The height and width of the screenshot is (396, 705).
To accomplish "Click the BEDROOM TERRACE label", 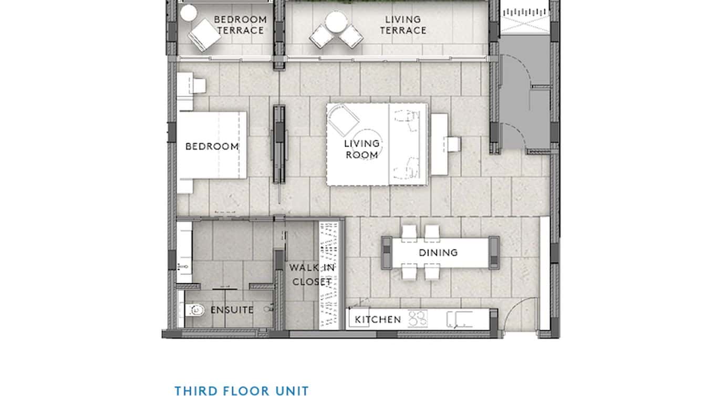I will [x=240, y=25].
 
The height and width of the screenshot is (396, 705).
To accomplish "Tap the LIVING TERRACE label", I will [x=403, y=25].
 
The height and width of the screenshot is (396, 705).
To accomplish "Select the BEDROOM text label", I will [x=212, y=147].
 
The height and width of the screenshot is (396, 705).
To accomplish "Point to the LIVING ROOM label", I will [x=362, y=149].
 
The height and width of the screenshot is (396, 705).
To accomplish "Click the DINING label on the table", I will [x=438, y=253].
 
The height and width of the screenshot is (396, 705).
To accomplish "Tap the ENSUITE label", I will [x=232, y=310].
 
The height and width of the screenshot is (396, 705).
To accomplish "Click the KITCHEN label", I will [x=378, y=319].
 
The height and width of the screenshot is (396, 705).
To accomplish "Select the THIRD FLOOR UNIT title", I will [x=242, y=390].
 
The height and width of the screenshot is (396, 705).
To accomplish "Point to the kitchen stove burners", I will [x=418, y=318].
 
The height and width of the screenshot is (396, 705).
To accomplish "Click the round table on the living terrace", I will [x=335, y=22].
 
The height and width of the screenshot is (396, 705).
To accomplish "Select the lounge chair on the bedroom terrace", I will [x=205, y=35].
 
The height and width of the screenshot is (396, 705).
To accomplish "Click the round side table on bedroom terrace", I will [x=188, y=13].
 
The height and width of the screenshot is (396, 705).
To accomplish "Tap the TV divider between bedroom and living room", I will [x=279, y=144].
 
